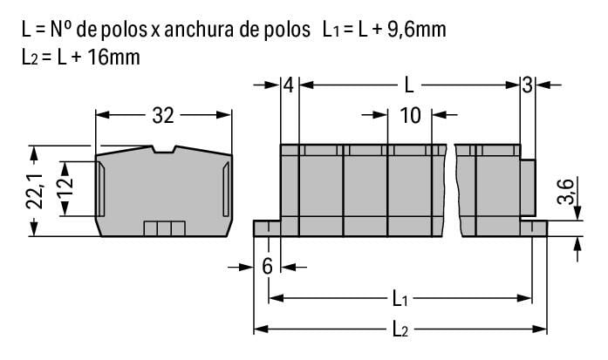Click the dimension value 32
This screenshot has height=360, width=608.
(164, 115)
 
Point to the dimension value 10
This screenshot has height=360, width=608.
(410, 115)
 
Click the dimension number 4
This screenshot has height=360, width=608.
(289, 85)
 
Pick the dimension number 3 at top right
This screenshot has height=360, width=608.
(527, 85)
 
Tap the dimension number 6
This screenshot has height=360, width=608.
(267, 267)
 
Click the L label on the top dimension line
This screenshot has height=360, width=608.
(408, 85)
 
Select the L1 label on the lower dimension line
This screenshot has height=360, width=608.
(400, 299)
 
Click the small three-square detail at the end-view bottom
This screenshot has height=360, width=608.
(165, 228)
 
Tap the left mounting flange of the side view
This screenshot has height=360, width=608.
(266, 228)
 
